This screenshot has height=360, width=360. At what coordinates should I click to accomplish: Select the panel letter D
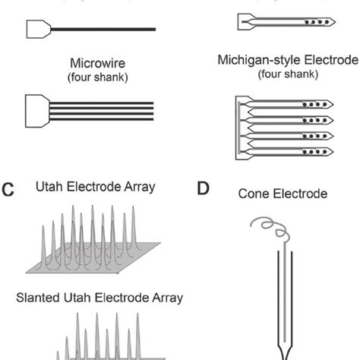pos(203,188)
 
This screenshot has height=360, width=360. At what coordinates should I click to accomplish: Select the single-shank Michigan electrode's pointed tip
pos(334,22)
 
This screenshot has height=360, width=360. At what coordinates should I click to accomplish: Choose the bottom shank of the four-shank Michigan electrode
pos(289,150)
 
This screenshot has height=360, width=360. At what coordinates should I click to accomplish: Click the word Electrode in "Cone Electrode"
pos(302,194)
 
